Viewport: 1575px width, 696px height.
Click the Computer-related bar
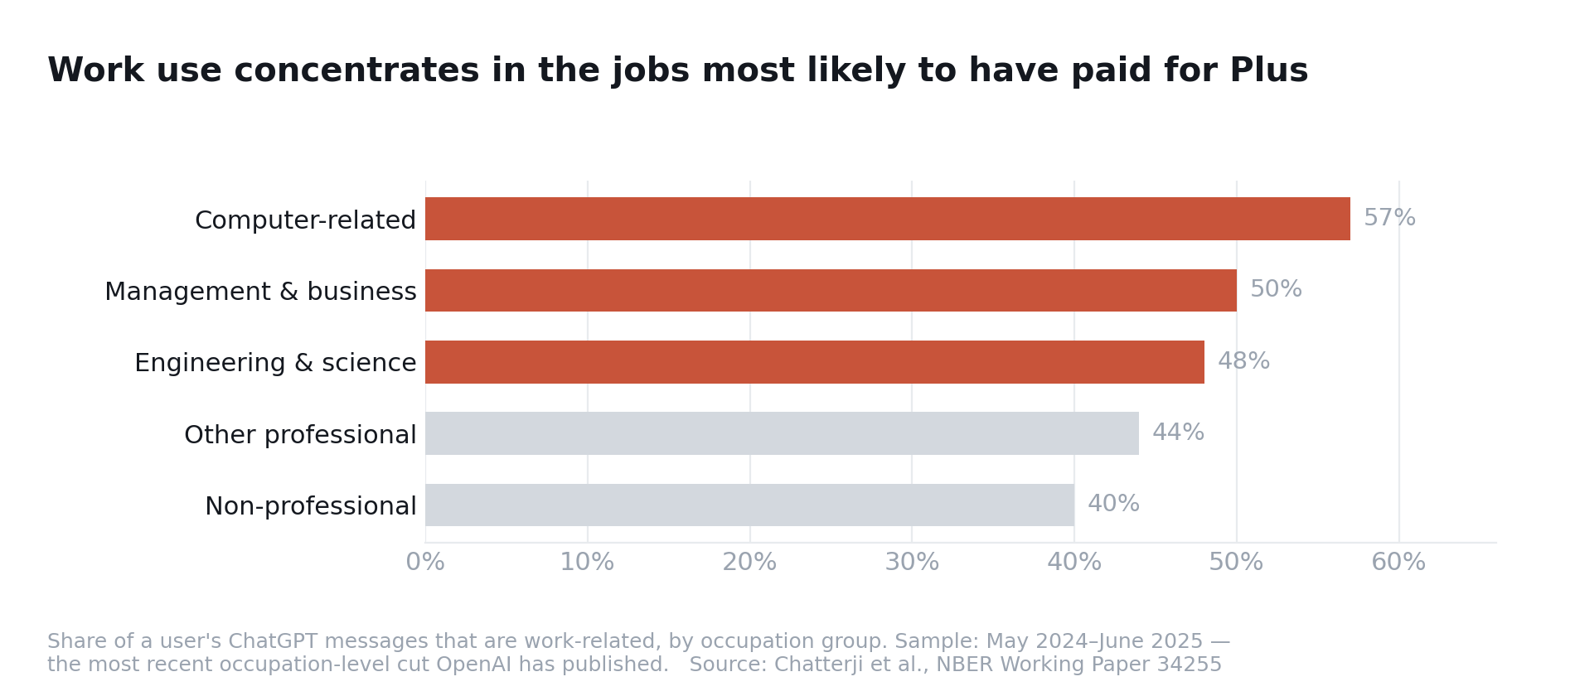[x=888, y=219]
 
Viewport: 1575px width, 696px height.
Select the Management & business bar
[x=831, y=290]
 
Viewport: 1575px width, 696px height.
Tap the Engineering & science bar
[x=815, y=362]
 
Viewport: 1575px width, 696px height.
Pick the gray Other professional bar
[x=782, y=433]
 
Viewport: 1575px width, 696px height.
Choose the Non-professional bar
[x=749, y=505]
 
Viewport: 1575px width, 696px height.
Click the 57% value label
[x=1389, y=218]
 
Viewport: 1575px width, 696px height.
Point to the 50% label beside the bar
[x=1276, y=289]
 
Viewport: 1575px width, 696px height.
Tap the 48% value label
[x=1243, y=361]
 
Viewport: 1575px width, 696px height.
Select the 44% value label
[x=1178, y=433]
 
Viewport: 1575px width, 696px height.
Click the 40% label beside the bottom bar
[x=1113, y=504]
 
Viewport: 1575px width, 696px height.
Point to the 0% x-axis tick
[x=425, y=563]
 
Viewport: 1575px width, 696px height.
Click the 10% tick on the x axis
[x=587, y=563]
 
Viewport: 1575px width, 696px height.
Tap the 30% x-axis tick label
[x=912, y=563]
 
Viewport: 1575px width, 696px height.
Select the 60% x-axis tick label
[x=1398, y=563]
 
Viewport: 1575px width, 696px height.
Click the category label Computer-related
[x=305, y=220]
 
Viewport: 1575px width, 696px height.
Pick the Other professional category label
[x=300, y=435]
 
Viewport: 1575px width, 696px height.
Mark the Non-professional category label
[x=311, y=506]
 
